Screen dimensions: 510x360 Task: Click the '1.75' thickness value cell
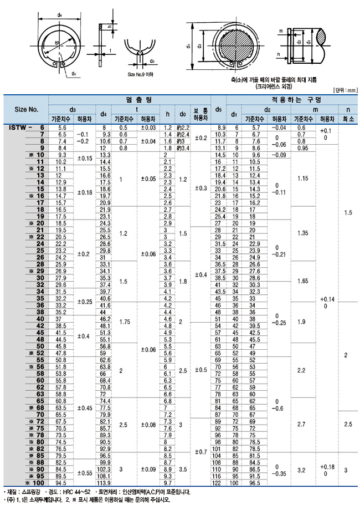pos(124,322)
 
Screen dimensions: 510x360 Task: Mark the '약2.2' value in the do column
pos(182,128)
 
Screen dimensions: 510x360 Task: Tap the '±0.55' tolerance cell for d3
pos(83,473)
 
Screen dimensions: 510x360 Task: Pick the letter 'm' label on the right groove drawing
pos(281,31)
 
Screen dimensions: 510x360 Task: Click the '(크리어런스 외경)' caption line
pos(274,86)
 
